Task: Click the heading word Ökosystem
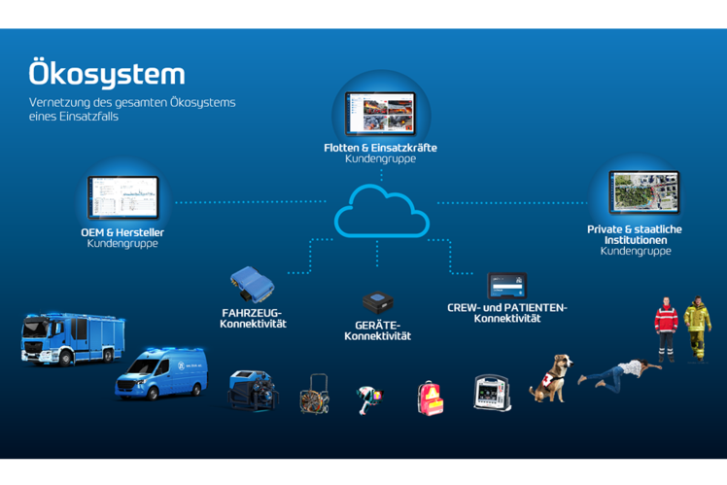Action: pyautogui.click(x=106, y=75)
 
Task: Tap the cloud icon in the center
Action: pyautogui.click(x=381, y=213)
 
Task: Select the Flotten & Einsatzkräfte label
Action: pyautogui.click(x=380, y=148)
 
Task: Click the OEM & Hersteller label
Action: pyautogui.click(x=122, y=232)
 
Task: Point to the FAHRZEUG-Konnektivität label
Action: pyautogui.click(x=253, y=318)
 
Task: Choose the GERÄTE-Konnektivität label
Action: pyautogui.click(x=377, y=330)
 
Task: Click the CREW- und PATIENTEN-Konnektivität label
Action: pyautogui.click(x=506, y=312)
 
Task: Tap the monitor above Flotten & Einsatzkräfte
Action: pyautogui.click(x=380, y=114)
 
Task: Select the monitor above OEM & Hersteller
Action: pyautogui.click(x=122, y=197)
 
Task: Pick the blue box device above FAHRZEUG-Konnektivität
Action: pyautogui.click(x=252, y=283)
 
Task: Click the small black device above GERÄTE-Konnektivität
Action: pyautogui.click(x=377, y=302)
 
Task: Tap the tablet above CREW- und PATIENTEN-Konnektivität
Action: pyautogui.click(x=506, y=286)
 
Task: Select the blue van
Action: pyautogui.click(x=161, y=372)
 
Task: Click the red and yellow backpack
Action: pyautogui.click(x=431, y=397)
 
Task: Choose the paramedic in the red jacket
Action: pyautogui.click(x=666, y=328)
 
